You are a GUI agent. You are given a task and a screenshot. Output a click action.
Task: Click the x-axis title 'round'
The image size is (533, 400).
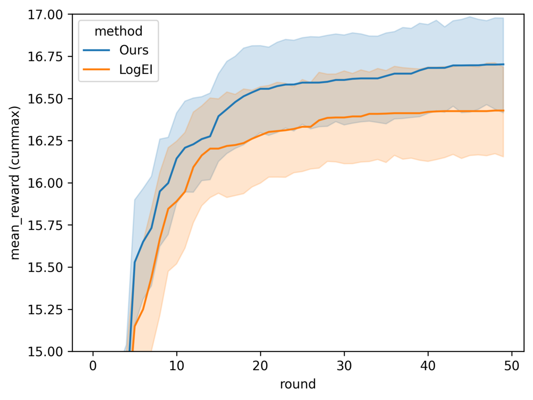click(x=298, y=384)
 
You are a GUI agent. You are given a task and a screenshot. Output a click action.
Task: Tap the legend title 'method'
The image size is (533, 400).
click(x=119, y=31)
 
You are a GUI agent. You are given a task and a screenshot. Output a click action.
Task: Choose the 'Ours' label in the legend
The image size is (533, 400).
click(x=132, y=50)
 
